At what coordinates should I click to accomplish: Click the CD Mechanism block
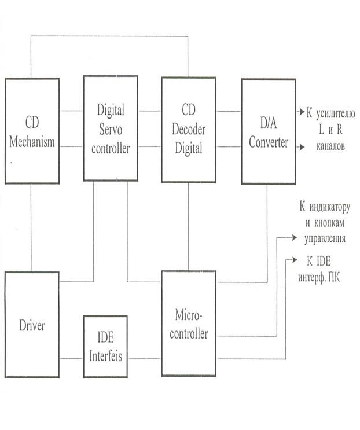click(x=32, y=131)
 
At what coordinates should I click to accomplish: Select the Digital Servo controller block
click(x=110, y=128)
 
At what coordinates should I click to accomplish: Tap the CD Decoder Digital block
click(x=188, y=130)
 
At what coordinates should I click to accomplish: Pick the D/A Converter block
click(x=268, y=131)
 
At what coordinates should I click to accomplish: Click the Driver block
click(x=32, y=324)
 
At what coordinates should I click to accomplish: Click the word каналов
click(x=327, y=147)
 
